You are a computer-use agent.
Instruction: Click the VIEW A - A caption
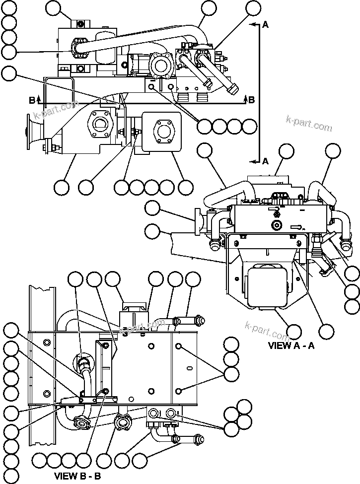click(291, 346)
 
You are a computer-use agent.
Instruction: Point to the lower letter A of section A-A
click(265, 161)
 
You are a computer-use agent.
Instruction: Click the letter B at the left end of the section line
click(32, 100)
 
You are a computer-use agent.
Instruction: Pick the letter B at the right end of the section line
click(251, 100)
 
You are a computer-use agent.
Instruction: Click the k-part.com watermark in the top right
click(309, 123)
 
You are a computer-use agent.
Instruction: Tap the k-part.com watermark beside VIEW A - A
click(267, 330)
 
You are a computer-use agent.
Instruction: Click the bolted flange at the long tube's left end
click(78, 49)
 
